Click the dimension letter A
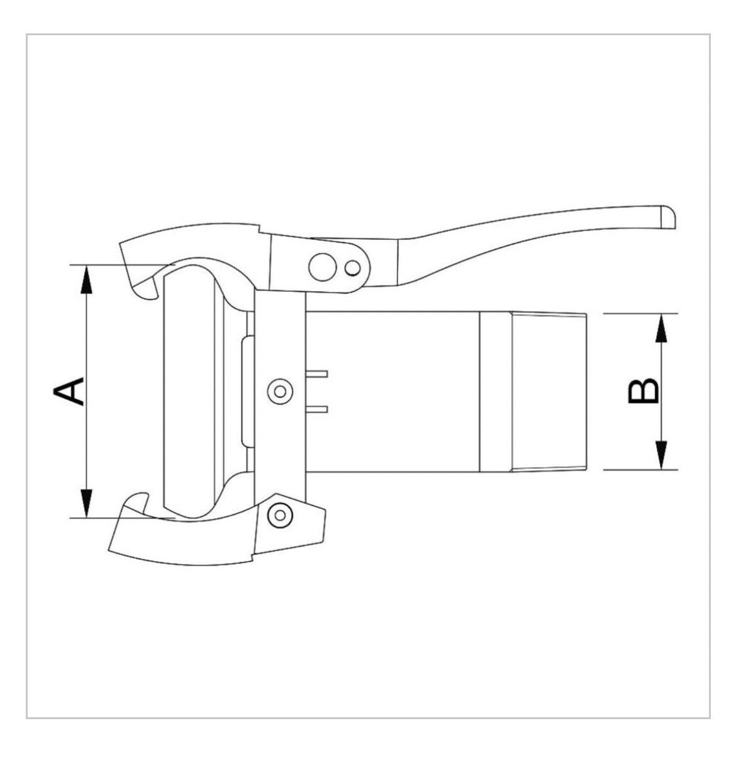click(69, 391)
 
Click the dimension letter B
click(643, 391)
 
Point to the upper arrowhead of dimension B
click(661, 327)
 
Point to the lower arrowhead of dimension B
click(661, 456)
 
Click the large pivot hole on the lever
click(322, 267)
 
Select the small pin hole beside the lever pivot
click(352, 268)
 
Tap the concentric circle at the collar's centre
click(280, 392)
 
